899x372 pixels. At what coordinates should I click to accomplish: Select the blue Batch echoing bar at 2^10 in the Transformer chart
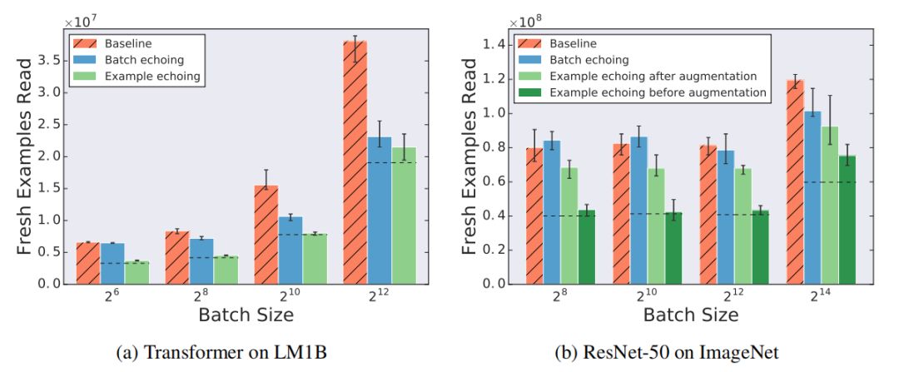coord(290,250)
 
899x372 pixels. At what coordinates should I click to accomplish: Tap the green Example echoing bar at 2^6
coord(137,272)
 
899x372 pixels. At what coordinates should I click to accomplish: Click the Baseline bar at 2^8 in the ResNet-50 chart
coord(534,216)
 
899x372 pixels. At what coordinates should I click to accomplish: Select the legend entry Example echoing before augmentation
coord(658,92)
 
